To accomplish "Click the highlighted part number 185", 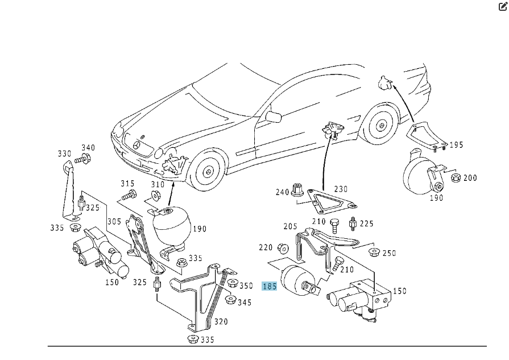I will tap(269, 286).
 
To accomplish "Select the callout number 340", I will tap(88, 148).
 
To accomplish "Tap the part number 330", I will tap(64, 154).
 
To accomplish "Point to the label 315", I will tap(127, 183).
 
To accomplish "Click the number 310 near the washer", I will tap(157, 184).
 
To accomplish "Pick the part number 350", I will tap(246, 285).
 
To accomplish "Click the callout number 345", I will tap(244, 302).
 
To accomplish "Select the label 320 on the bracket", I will tap(221, 322).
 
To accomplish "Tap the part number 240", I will tap(283, 192).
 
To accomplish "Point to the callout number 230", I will tap(341, 189).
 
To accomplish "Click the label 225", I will tap(367, 224).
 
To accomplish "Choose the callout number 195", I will tap(456, 145).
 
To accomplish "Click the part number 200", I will tap(470, 177).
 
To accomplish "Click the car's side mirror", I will tap(274, 117).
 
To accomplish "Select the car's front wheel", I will tap(208, 170).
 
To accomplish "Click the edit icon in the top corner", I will tap(503, 7).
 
